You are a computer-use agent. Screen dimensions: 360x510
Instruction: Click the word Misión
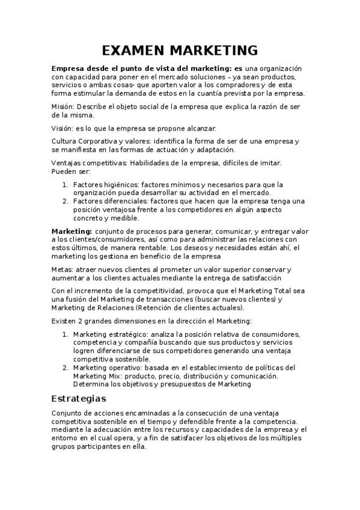[x=63, y=106]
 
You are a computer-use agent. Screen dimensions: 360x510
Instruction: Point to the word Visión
[x=63, y=128]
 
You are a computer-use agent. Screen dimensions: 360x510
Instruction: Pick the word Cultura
[x=65, y=141]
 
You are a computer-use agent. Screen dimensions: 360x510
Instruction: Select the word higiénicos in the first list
[x=120, y=184]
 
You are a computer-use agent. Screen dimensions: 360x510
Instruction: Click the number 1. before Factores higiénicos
[x=66, y=184]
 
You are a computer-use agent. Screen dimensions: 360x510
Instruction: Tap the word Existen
[x=64, y=321]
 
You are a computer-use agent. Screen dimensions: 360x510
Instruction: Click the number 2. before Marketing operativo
[x=66, y=367]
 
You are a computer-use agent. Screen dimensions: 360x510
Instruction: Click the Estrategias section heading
[x=79, y=399]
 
